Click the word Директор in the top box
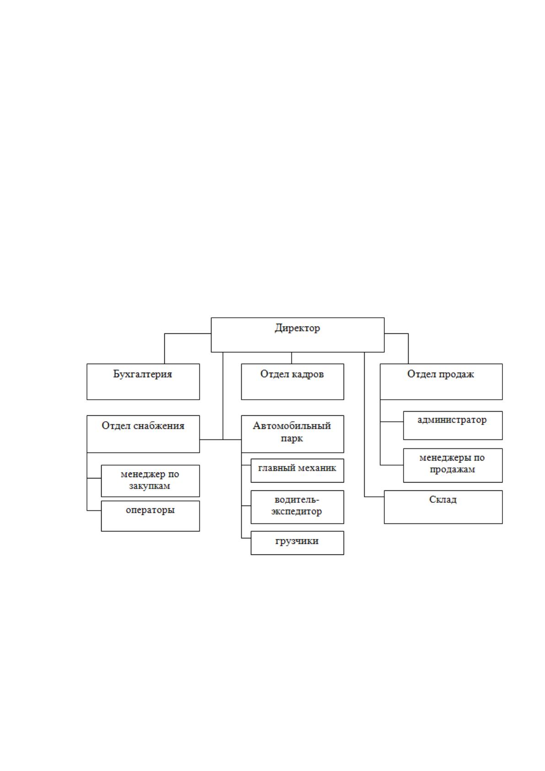(297, 328)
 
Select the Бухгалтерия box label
(142, 374)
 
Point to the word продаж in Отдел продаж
(455, 375)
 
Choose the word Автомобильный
(292, 426)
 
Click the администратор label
(452, 420)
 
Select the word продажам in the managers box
(452, 469)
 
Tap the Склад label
(443, 500)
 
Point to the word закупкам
(150, 486)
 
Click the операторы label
(151, 510)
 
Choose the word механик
(317, 468)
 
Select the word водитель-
(297, 500)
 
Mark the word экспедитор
(297, 511)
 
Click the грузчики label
(297, 541)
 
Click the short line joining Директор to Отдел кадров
(291, 358)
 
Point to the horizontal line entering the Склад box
(374, 497)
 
